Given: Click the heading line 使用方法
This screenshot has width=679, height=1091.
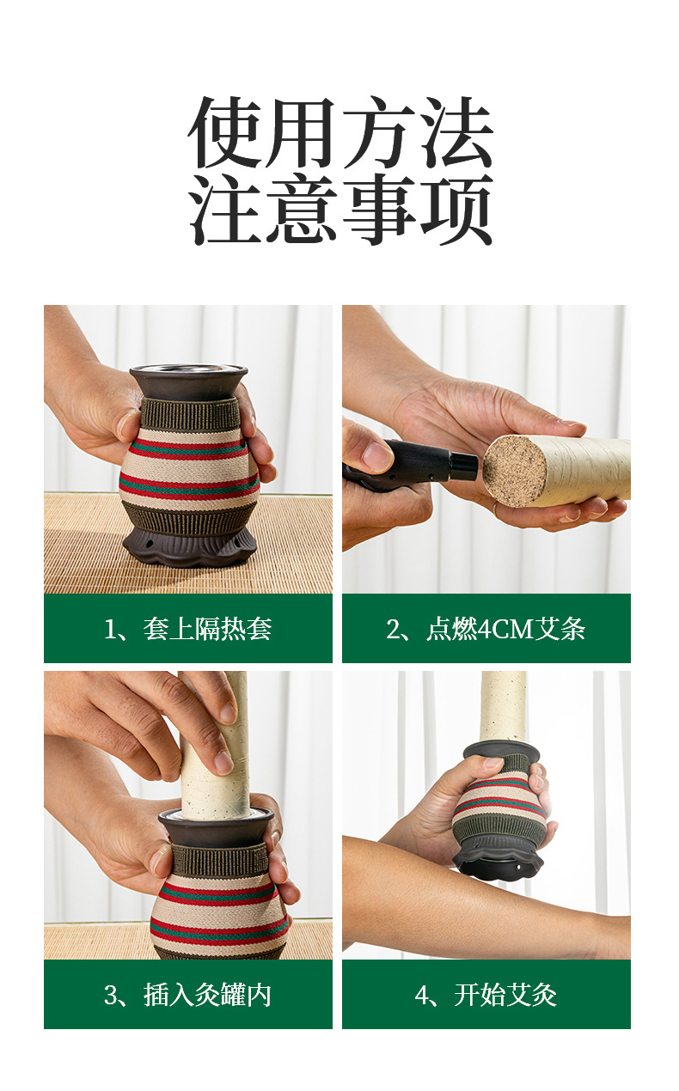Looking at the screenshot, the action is point(340,132).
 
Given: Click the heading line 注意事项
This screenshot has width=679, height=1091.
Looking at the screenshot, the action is point(340,210).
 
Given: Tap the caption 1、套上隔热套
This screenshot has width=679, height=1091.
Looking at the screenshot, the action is point(187,628).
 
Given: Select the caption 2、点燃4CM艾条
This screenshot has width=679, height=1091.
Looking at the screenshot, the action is point(486,628).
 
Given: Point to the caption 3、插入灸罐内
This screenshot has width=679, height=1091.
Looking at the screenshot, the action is point(187,995).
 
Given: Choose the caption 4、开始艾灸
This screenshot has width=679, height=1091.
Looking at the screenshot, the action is point(486,995).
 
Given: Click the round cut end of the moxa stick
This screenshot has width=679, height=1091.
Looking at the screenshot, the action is point(515,471).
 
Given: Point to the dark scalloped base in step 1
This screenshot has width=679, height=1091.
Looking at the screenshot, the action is point(190,548).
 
